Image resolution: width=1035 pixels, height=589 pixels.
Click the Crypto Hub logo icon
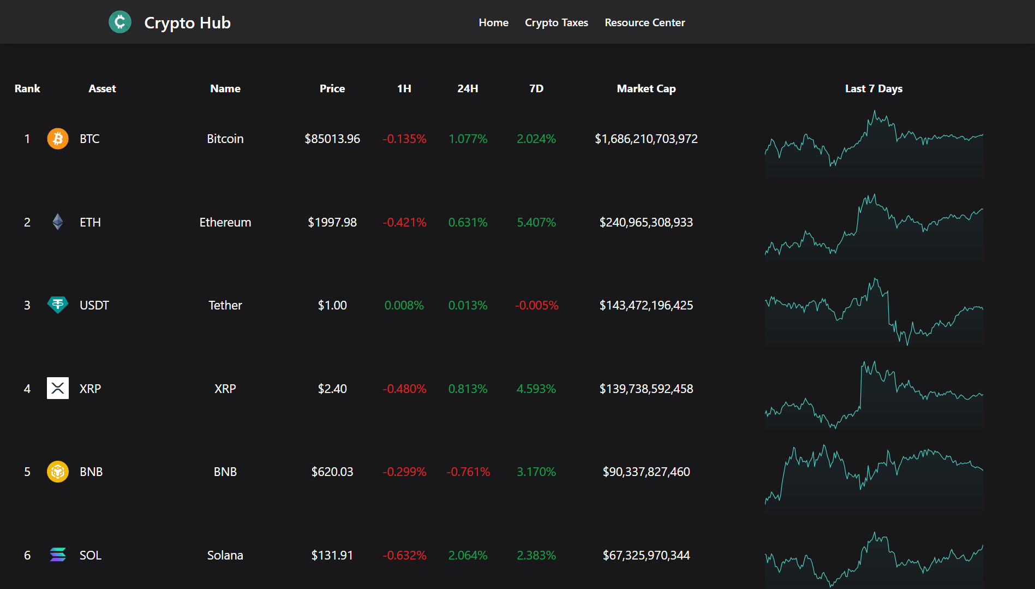click(120, 22)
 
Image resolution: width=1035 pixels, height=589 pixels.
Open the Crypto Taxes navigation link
click(556, 22)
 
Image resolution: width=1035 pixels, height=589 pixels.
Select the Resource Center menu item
click(644, 22)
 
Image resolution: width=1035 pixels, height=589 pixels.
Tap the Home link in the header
click(493, 22)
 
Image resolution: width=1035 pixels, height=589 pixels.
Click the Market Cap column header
click(646, 88)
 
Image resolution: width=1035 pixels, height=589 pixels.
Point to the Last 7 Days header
click(874, 88)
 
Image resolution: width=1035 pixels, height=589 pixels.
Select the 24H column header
click(468, 88)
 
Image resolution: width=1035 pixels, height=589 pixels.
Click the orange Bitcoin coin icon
click(58, 139)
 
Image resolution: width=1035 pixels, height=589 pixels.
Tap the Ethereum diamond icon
click(58, 222)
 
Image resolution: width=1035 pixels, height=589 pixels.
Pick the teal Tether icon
click(58, 305)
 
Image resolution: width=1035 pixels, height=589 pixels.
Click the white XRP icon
click(58, 388)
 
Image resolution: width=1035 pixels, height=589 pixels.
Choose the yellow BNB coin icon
click(58, 472)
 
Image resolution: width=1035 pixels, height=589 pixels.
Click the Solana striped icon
click(58, 555)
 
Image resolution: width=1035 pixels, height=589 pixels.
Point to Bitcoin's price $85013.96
click(332, 139)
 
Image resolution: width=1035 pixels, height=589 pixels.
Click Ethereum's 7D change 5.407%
click(536, 222)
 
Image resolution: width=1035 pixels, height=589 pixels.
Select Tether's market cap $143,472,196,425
click(646, 305)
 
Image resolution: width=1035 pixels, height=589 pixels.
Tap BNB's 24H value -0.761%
click(468, 472)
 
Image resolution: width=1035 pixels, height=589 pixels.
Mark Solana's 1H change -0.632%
click(404, 555)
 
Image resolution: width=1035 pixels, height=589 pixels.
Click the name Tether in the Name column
click(225, 305)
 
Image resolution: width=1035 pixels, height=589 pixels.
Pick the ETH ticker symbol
click(90, 222)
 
